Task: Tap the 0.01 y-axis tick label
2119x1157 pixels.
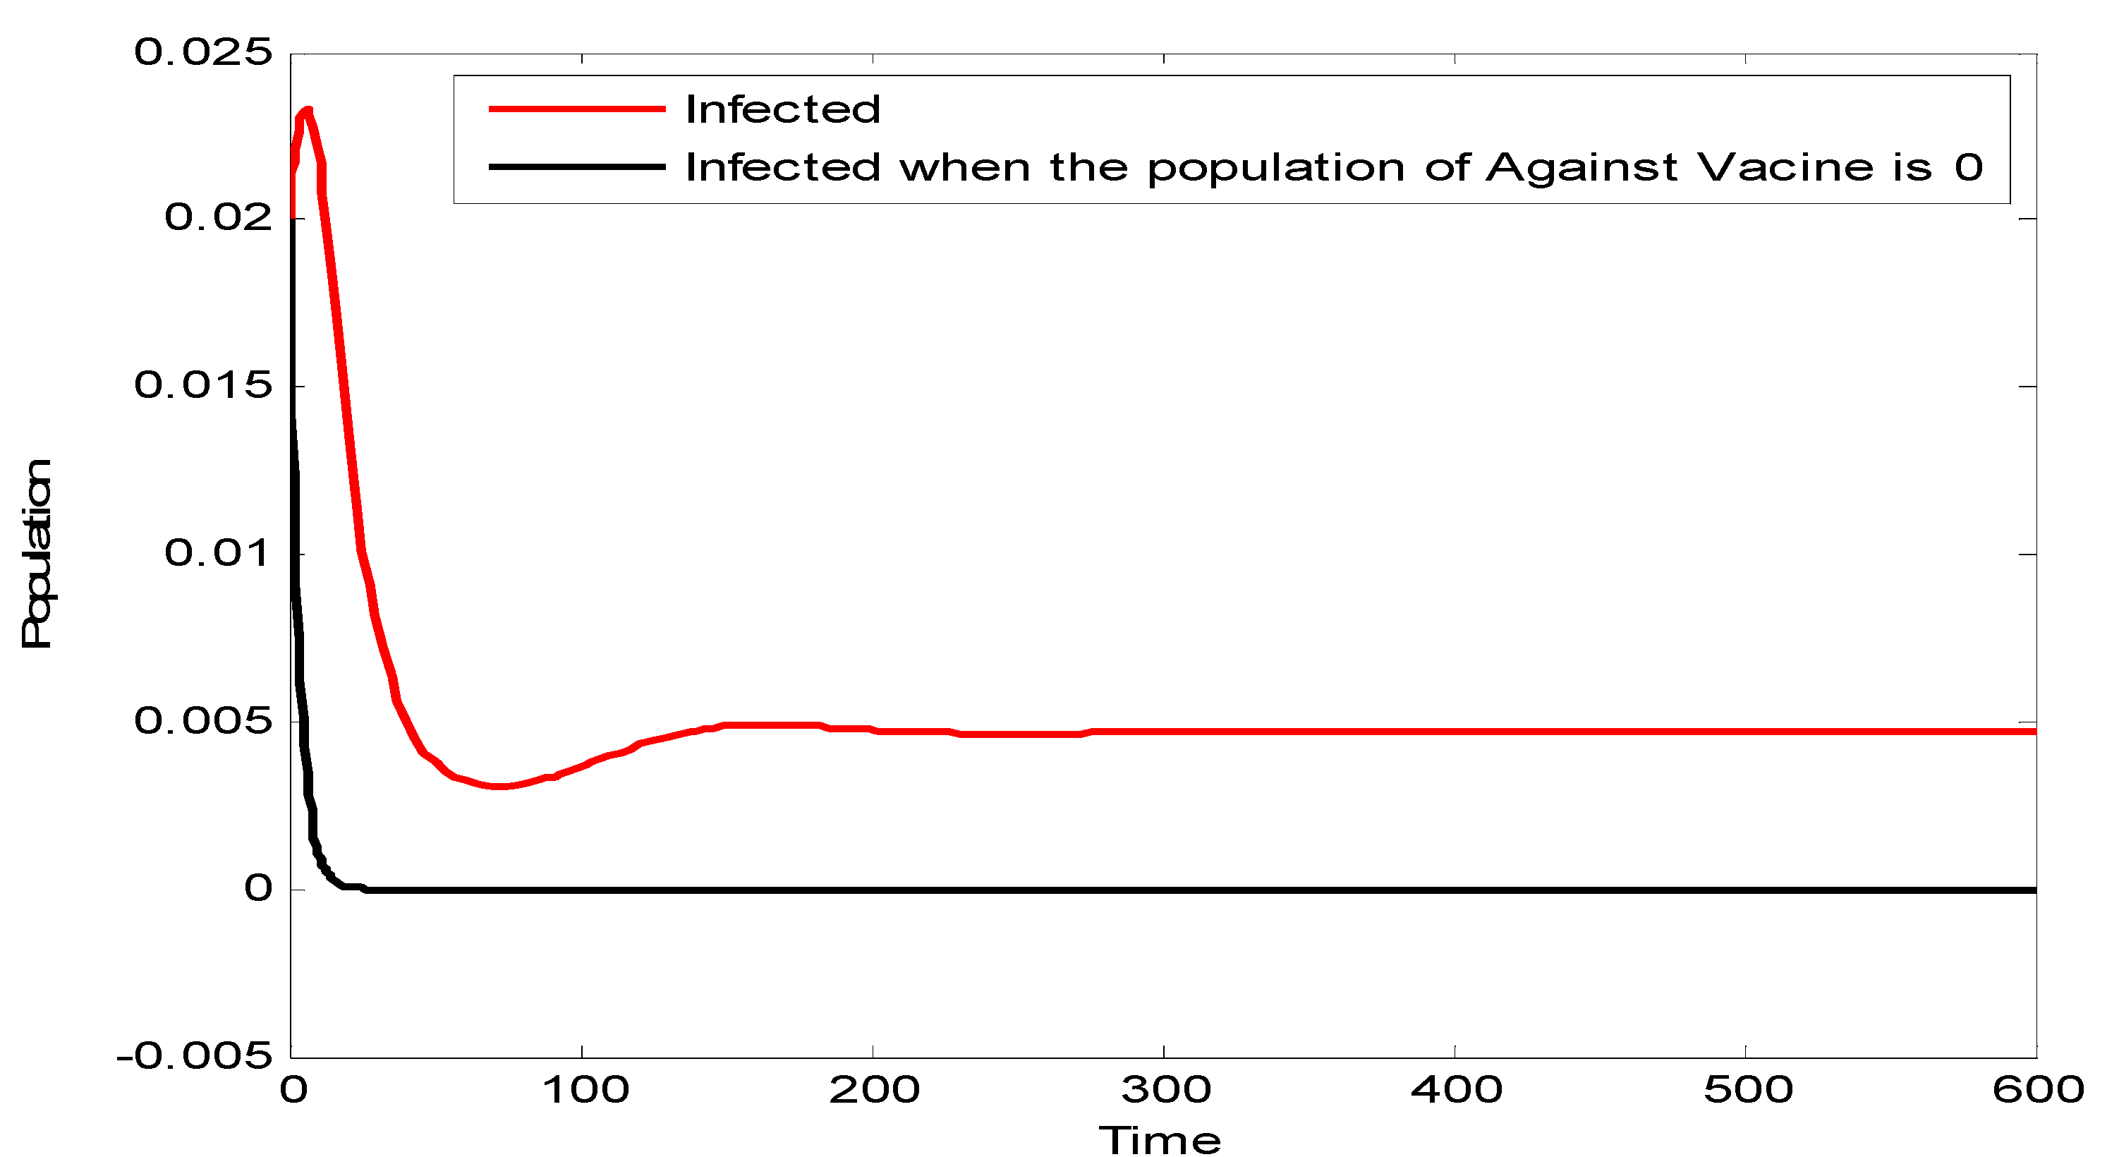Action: (218, 552)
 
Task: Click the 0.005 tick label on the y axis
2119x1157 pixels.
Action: (202, 721)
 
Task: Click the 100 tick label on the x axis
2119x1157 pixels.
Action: (585, 1091)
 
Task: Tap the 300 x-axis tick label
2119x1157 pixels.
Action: (1165, 1091)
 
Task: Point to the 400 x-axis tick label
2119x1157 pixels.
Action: (1457, 1091)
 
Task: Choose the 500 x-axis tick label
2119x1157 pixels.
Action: (1748, 1091)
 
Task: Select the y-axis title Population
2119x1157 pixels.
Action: (37, 553)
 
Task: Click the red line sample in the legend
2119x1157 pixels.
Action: (576, 109)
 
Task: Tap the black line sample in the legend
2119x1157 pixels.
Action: (576, 167)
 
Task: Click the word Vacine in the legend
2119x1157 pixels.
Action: (1785, 167)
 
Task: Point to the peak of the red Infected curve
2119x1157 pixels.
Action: (307, 110)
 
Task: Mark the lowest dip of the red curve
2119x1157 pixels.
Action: (499, 786)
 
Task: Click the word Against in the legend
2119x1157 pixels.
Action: (1581, 167)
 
